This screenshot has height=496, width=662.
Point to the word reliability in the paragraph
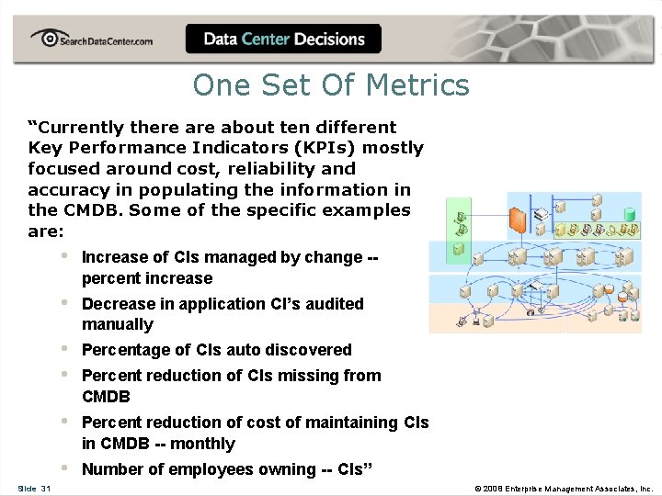(x=269, y=169)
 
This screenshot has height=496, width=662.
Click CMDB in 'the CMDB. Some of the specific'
(x=91, y=210)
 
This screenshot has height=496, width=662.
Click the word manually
(x=117, y=324)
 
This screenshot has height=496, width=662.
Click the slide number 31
(x=45, y=489)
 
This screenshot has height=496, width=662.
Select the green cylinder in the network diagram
(x=630, y=214)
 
